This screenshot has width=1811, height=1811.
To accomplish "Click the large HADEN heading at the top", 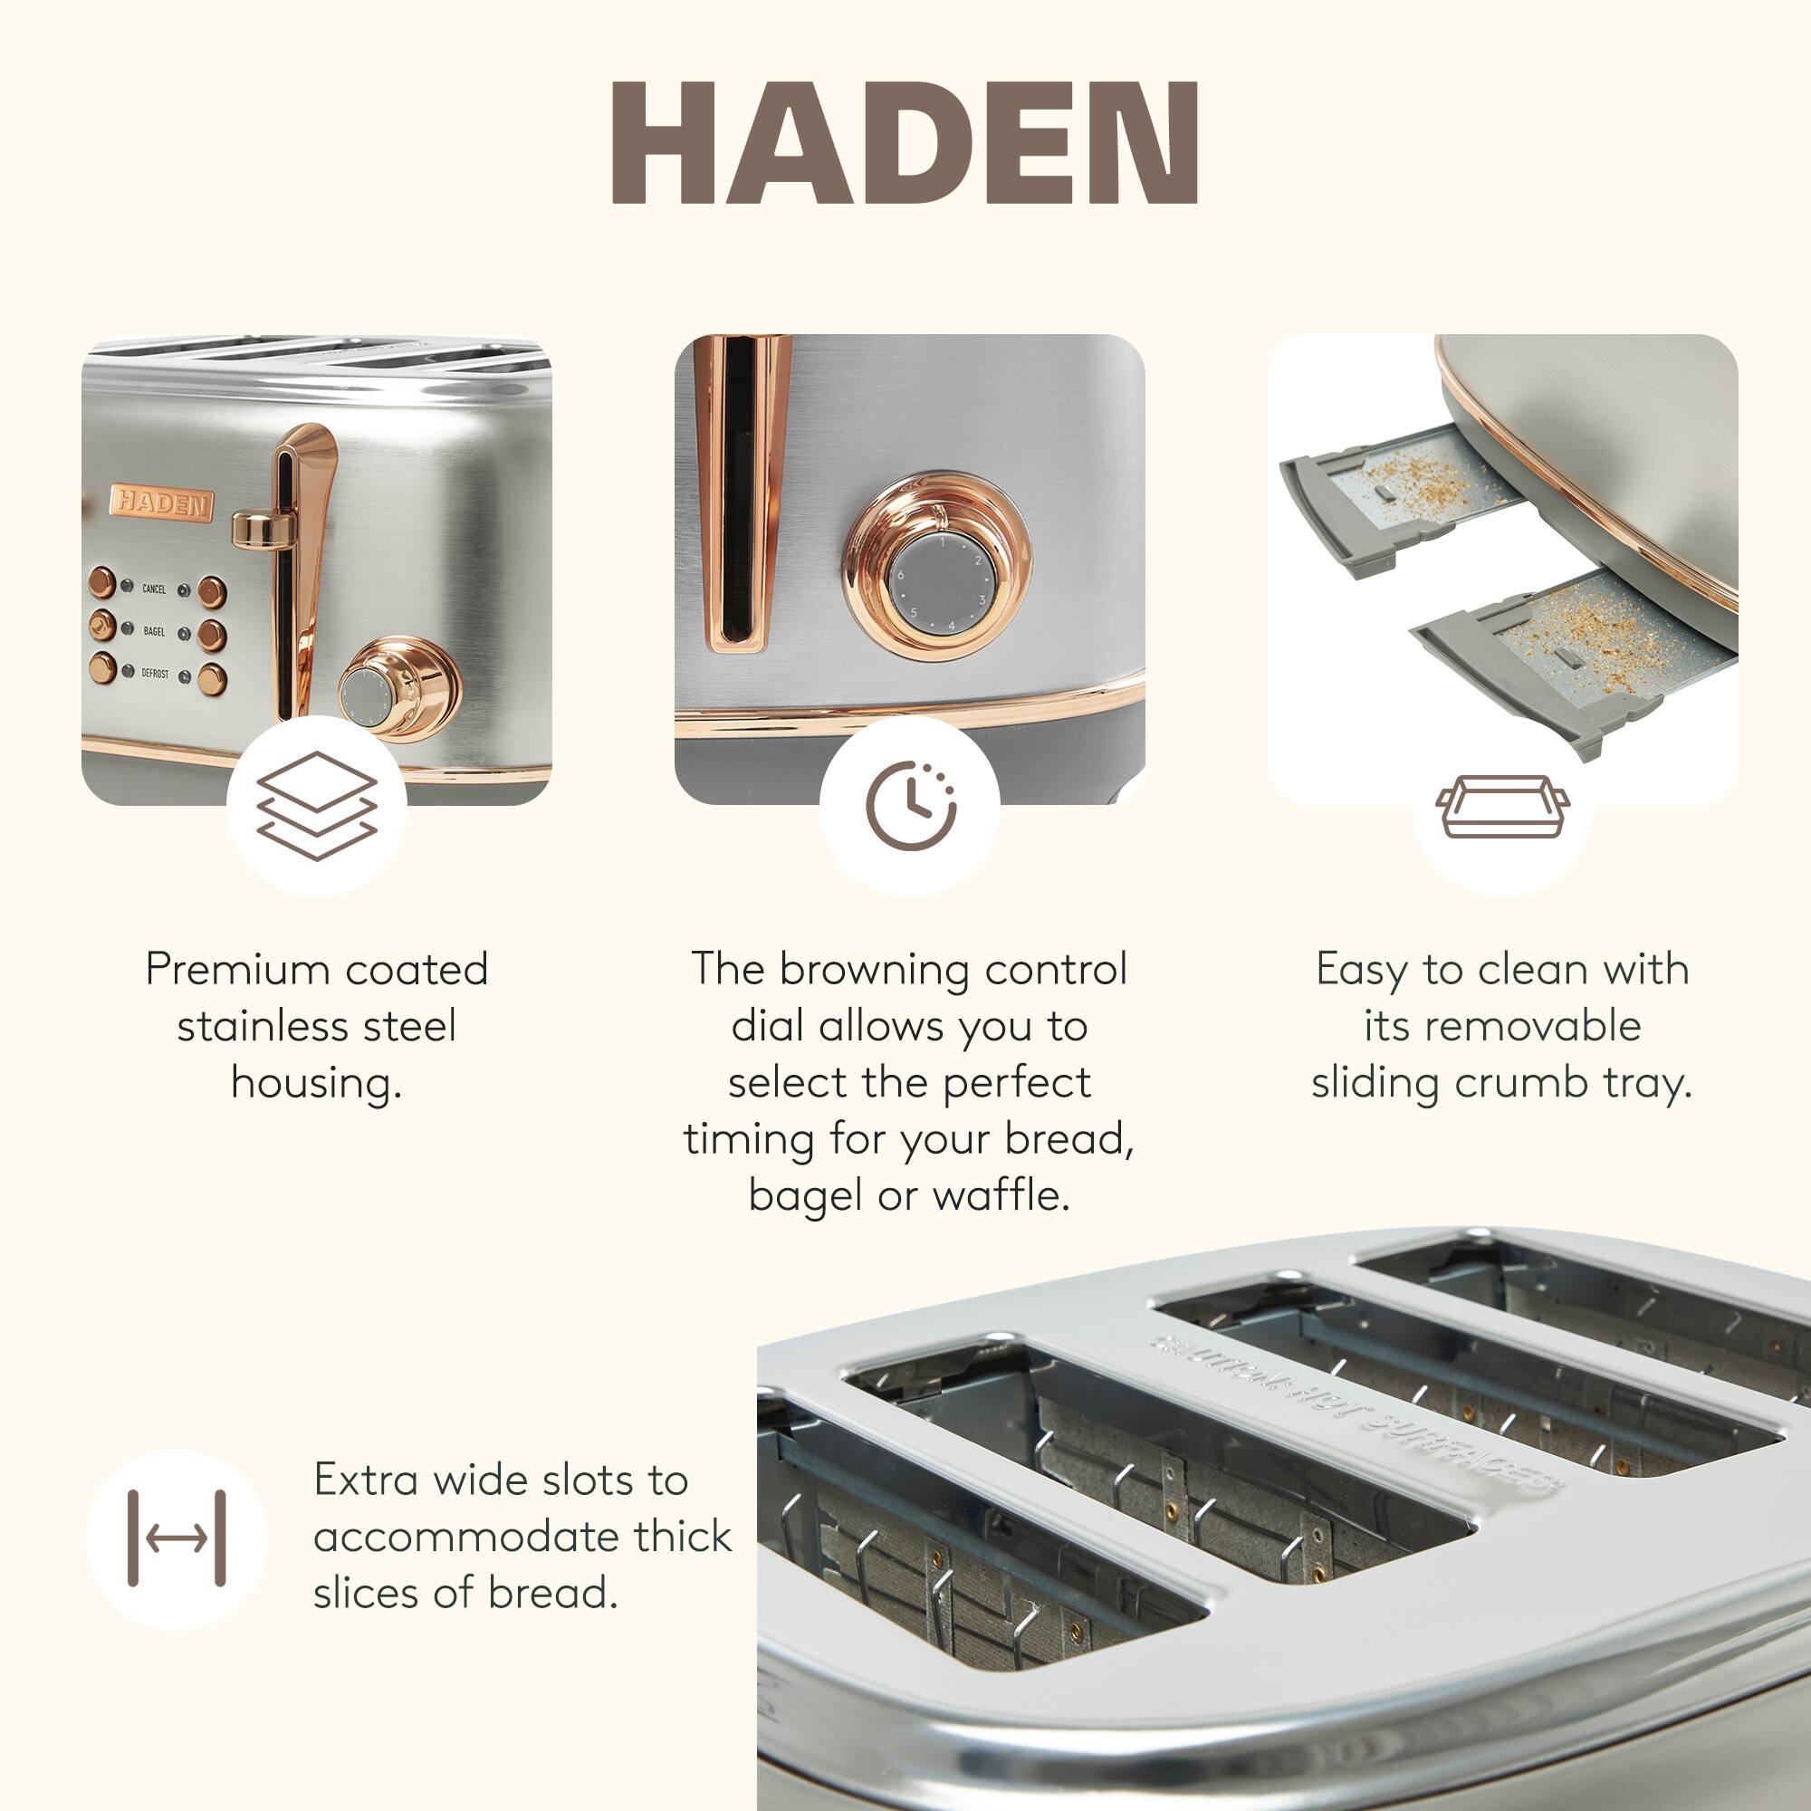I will point(905,142).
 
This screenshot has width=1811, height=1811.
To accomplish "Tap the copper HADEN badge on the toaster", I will point(162,503).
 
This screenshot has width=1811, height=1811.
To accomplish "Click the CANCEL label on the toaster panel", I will point(154,589).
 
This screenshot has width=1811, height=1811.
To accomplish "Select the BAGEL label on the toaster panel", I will point(154,632).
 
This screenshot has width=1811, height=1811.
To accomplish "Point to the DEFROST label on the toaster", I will point(155,673).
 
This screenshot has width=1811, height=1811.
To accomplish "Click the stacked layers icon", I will point(317,805).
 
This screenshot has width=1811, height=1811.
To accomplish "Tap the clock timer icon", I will point(910,805).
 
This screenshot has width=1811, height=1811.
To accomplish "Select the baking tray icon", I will point(1502,805).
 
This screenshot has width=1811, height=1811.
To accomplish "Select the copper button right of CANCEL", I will point(212,591).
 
